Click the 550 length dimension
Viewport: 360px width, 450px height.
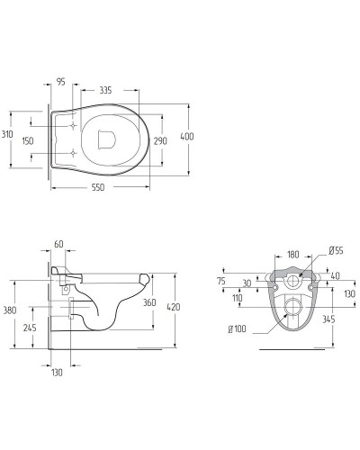click(x=98, y=187)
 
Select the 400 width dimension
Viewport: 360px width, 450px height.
click(x=187, y=137)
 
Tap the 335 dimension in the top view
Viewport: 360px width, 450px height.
click(x=105, y=90)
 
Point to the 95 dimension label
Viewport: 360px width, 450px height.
click(x=60, y=81)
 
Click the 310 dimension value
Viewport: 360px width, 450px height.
click(x=7, y=134)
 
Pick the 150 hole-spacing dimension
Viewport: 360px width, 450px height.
click(x=28, y=140)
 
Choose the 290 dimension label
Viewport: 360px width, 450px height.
click(x=160, y=140)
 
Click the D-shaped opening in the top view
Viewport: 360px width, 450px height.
click(x=107, y=139)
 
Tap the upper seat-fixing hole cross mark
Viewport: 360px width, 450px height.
click(x=73, y=126)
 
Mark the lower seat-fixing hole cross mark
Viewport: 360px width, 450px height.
click(x=73, y=154)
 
